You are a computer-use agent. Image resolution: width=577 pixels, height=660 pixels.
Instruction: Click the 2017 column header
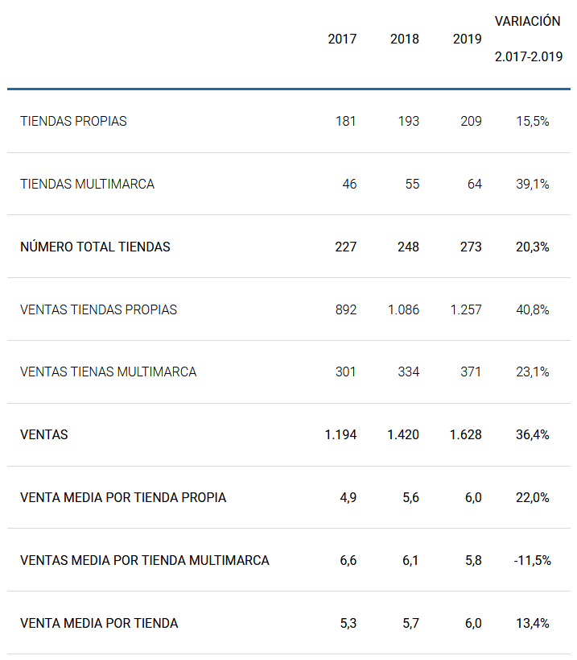click(342, 39)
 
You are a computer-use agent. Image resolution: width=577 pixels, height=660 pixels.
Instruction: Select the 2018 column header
click(404, 39)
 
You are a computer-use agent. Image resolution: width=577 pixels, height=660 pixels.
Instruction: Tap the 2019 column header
click(467, 39)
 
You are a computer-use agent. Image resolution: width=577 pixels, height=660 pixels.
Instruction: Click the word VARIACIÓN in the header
click(527, 21)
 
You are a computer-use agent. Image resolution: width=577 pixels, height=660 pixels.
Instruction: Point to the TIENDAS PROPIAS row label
click(73, 121)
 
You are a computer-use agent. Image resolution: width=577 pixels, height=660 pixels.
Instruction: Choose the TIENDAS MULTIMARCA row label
click(87, 184)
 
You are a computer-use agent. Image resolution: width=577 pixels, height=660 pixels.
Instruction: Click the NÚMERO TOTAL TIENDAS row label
click(95, 247)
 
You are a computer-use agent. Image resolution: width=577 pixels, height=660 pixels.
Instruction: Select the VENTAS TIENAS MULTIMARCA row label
click(108, 372)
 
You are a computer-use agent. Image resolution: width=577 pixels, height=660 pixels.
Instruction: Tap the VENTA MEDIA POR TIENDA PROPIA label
click(123, 497)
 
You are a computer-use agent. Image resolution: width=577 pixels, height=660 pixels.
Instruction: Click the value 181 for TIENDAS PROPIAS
click(345, 121)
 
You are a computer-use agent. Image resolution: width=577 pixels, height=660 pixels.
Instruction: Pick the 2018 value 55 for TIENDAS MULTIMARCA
click(412, 184)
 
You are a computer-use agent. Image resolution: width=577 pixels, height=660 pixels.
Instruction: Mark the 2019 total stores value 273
click(470, 247)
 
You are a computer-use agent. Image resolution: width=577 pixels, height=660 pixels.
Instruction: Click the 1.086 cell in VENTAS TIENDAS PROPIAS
click(403, 309)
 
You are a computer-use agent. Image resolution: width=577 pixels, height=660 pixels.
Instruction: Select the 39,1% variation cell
click(533, 184)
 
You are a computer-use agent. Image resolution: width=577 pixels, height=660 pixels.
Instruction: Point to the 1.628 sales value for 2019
click(466, 434)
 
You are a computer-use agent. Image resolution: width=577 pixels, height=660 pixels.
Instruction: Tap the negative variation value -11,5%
click(532, 560)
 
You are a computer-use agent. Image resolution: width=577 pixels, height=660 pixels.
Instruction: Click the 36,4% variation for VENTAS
click(533, 434)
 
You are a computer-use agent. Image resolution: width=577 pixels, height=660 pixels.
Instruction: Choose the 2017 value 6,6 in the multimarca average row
click(348, 560)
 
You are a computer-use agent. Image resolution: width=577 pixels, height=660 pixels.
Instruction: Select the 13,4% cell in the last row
click(533, 623)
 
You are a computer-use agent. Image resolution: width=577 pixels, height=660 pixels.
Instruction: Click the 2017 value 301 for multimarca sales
click(345, 372)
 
